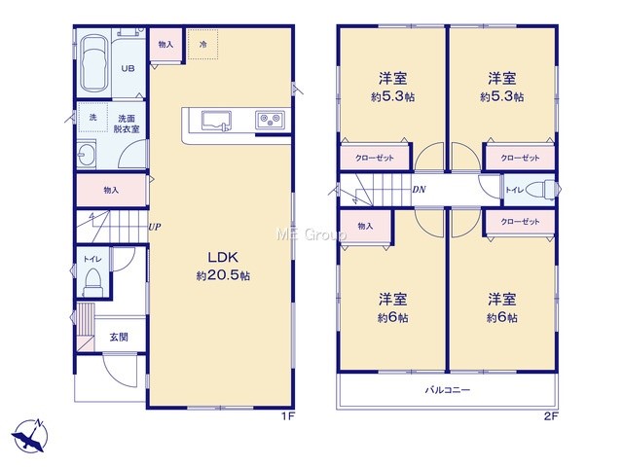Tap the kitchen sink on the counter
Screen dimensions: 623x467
[216, 121]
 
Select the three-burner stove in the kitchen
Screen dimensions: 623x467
[270, 120]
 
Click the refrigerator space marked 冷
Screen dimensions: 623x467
[202, 44]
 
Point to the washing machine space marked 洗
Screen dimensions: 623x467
[93, 117]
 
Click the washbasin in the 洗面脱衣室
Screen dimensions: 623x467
[86, 153]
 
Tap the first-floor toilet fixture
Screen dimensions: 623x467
[93, 281]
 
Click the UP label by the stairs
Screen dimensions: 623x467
[155, 227]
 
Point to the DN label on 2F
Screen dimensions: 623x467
[419, 190]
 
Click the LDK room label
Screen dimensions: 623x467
[223, 257]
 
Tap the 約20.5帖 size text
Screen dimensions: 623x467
[223, 275]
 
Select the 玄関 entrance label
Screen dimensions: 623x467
[119, 338]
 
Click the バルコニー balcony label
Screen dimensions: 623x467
[448, 389]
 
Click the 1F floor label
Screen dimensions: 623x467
[288, 416]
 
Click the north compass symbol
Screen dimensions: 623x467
[30, 436]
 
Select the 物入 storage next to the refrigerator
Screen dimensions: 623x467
[165, 44]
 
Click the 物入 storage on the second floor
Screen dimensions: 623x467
[365, 226]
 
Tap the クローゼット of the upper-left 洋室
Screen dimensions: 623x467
[374, 158]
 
